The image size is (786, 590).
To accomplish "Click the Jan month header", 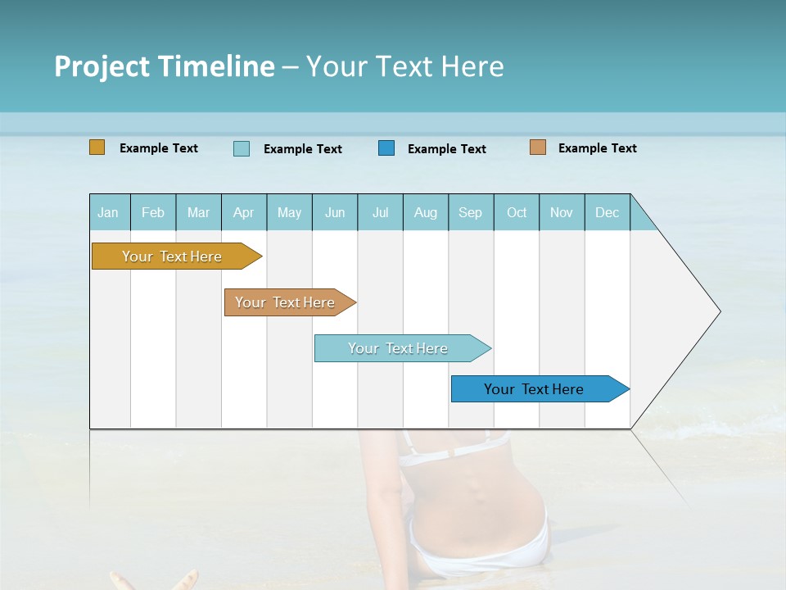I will coord(108,212).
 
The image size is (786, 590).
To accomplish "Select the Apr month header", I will coord(243,212).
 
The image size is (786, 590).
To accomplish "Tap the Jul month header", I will coord(380,212).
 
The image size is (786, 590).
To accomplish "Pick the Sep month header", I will coord(470,212).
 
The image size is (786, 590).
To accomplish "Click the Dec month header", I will coord(607,212).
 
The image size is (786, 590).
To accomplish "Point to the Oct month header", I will coord(516,212).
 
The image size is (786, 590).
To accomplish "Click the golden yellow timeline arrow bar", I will coord(172,256).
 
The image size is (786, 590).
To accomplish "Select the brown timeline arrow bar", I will coord(285,302).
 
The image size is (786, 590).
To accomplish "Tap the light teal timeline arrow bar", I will coord(398,348).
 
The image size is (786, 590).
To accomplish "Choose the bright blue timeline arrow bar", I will coord(534,389).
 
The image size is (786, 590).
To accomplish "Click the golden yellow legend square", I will coord(97,147).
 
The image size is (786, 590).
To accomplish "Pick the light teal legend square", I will coord(241,148).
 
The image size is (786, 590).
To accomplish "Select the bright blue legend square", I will coord(386,147).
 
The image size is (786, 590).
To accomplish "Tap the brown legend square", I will coord(537,147).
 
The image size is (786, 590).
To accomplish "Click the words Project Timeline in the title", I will coord(164,66).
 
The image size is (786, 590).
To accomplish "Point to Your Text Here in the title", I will coord(405,66).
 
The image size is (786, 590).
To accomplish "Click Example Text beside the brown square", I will coord(597,148).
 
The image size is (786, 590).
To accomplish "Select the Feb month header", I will coord(152,212).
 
